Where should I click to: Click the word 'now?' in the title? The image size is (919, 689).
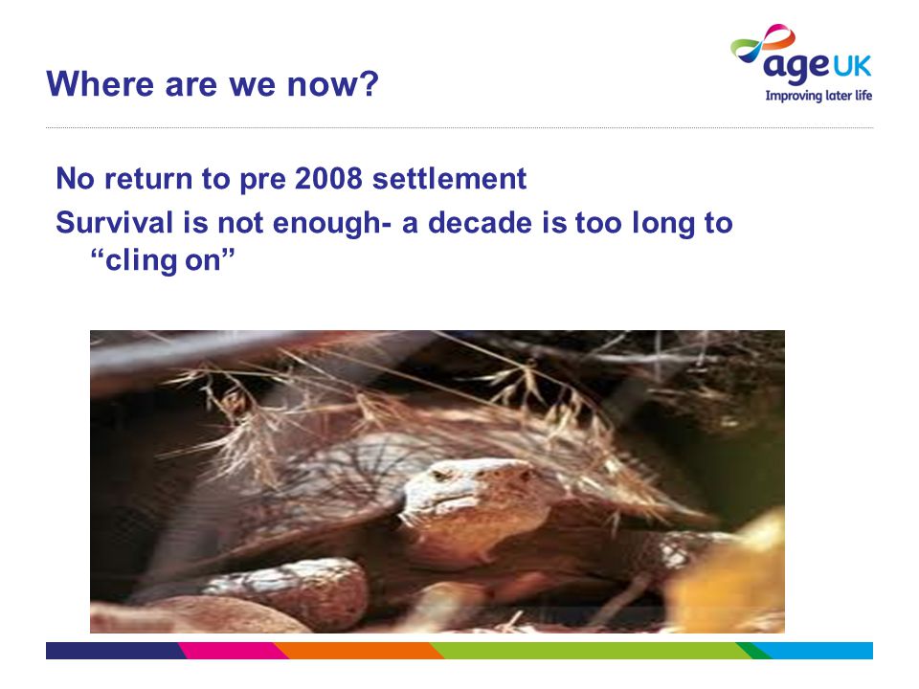(332, 84)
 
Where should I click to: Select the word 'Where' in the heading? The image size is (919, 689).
(100, 84)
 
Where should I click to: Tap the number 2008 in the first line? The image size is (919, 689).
(328, 178)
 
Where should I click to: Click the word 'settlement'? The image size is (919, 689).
(449, 178)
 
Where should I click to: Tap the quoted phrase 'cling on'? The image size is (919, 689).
(163, 260)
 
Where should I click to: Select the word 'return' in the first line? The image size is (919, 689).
(148, 179)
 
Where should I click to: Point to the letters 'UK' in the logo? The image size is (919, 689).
(852, 66)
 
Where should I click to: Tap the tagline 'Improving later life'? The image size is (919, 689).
(818, 96)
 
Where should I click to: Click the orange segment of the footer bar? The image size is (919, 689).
(357, 651)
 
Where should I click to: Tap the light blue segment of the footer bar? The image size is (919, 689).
(815, 651)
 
